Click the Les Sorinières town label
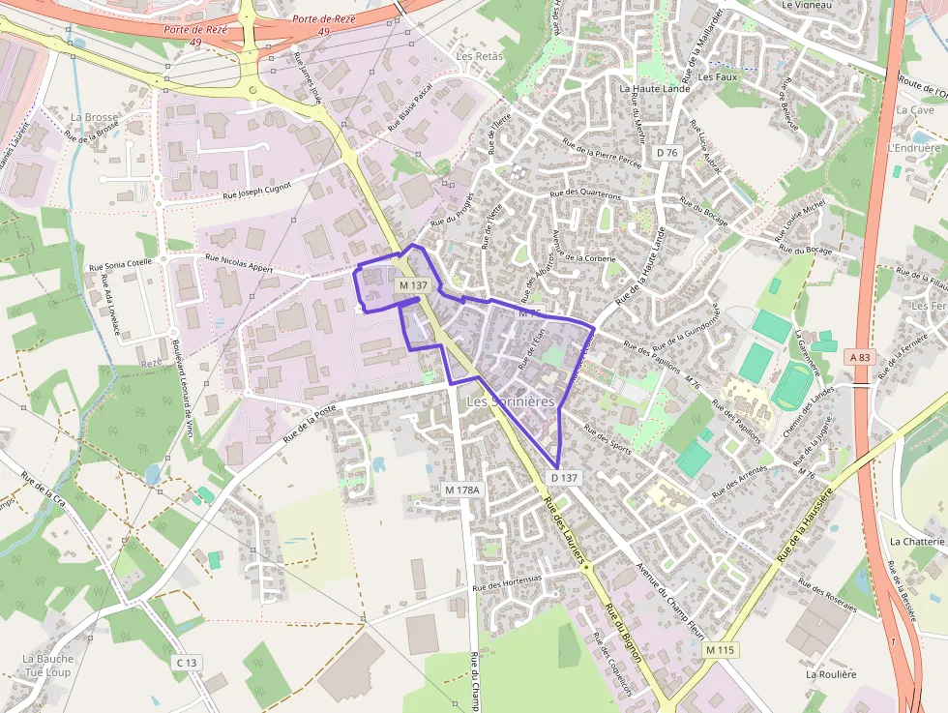(x=511, y=401)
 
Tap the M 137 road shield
(x=413, y=285)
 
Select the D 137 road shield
(x=564, y=478)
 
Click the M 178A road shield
(x=462, y=490)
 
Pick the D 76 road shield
(x=667, y=153)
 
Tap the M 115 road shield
(x=721, y=650)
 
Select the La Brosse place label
(x=94, y=117)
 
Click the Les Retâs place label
(x=480, y=56)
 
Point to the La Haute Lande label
(x=654, y=88)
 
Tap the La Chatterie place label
(x=915, y=542)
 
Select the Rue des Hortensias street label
(x=508, y=581)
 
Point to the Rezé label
(x=152, y=362)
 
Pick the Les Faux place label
(x=717, y=76)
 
